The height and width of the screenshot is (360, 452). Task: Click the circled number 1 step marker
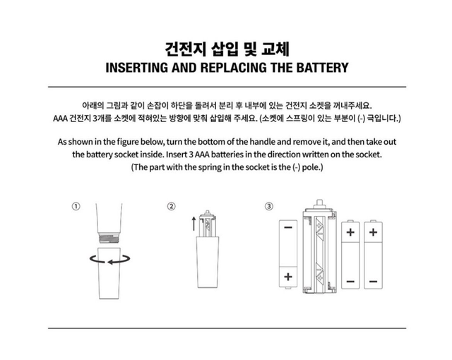point(76,206)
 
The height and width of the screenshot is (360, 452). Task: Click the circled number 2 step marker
point(171,206)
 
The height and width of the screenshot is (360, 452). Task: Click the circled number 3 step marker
point(268,206)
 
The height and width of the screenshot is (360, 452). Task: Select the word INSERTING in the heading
point(136,68)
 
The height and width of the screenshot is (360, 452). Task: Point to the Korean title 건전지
point(186,49)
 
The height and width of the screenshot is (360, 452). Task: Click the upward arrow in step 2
point(194,224)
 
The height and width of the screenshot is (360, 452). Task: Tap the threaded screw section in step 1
point(109,238)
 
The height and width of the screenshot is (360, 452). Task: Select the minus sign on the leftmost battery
point(288,227)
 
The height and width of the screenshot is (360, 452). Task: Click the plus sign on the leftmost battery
point(288,277)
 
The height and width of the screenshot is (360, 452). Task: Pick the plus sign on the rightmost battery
point(374,232)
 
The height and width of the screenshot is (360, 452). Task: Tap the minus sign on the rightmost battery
point(374,281)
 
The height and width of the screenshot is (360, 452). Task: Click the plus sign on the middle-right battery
point(350,232)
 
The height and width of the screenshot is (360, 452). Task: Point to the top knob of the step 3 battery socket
point(319,203)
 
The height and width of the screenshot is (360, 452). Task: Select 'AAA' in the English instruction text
point(202,155)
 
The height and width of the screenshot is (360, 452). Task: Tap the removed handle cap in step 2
point(208,262)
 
